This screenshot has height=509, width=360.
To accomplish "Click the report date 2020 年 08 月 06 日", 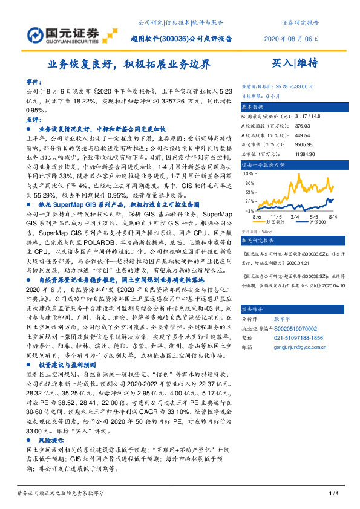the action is pyautogui.click(x=291, y=37).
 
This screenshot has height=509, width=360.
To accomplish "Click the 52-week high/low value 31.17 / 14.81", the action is pyautogui.click(x=309, y=116).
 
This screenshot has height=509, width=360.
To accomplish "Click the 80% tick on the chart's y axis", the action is pyautogui.click(x=248, y=173).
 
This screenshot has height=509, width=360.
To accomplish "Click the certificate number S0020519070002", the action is pyautogui.click(x=298, y=327).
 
